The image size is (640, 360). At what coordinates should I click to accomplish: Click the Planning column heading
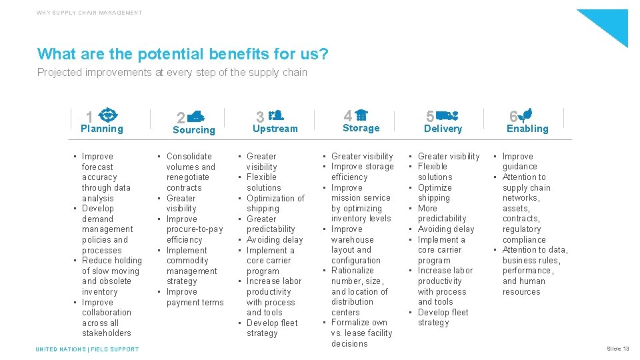pos(101,129)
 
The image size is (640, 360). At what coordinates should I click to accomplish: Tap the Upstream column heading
pos(275,129)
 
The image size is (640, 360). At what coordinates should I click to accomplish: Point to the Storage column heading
pos(361,128)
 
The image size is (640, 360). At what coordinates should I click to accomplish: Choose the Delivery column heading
pos(443,129)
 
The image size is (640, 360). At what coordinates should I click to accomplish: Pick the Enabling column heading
pos(527,129)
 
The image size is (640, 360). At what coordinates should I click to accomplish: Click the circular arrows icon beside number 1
pos(111,115)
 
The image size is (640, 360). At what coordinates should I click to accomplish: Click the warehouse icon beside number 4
pos(361,115)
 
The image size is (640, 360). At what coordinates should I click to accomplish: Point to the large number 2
pos(180,119)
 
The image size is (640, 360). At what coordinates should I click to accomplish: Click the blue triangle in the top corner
pos(609,23)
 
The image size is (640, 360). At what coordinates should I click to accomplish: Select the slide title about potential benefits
pos(183,53)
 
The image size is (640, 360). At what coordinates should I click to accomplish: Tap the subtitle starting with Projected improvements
pos(172,72)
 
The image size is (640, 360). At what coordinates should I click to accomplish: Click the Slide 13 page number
pos(617,349)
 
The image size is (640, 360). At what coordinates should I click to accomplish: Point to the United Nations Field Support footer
pos(87,349)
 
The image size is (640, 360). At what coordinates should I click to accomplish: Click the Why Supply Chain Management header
pos(89,13)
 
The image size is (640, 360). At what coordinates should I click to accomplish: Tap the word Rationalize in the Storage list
pos(352,271)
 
